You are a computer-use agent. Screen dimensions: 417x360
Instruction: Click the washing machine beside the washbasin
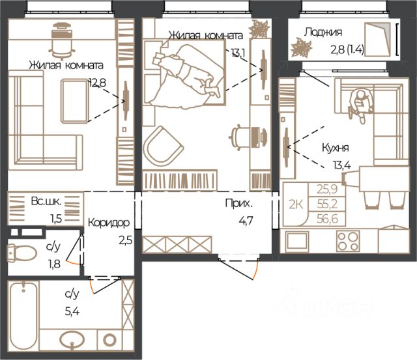pos(109,340)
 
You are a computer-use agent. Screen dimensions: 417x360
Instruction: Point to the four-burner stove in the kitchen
pos(348,241)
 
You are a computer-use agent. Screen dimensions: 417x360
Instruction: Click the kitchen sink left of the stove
pos(297,242)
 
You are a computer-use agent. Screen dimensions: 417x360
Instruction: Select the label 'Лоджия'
pos(323,32)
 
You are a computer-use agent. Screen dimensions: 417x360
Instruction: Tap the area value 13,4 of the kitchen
pos(342,165)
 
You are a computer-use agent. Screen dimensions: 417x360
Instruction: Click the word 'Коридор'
pos(109,223)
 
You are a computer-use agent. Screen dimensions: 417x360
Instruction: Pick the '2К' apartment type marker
pos(296,204)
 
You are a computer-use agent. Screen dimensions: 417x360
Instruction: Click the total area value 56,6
pos(327,219)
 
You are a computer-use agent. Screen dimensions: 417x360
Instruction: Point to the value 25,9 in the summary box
pos(327,189)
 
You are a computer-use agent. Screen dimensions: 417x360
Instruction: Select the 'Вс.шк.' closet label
pos(46,201)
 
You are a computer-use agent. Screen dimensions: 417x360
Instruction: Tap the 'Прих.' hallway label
pos(238,204)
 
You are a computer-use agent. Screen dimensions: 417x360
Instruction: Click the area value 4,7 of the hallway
pos(246,221)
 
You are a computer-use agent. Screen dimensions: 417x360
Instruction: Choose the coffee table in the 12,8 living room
pos(74,101)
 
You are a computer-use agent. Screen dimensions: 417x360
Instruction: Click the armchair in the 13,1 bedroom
pos(163,146)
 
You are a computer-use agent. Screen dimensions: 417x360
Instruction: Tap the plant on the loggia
pos(302,48)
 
